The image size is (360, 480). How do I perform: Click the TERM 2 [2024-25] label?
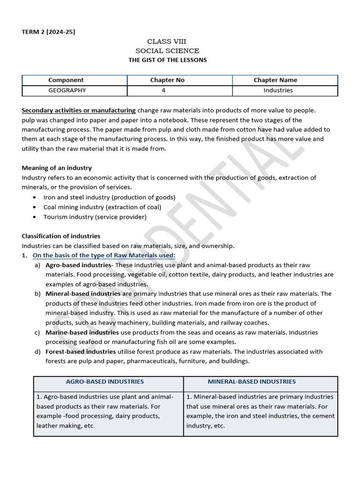point(48,32)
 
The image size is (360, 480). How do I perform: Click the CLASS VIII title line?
point(166,42)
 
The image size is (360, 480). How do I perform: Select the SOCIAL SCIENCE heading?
point(167,51)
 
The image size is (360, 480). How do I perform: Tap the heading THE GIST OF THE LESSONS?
point(167,60)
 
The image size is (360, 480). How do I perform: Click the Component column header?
point(66,80)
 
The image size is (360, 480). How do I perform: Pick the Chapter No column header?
point(167,80)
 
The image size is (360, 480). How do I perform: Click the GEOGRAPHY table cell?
point(67,90)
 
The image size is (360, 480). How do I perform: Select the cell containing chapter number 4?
point(163,90)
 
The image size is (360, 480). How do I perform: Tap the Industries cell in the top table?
point(278,90)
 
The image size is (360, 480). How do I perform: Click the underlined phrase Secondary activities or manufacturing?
point(79,111)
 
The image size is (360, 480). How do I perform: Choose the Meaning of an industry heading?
point(57,168)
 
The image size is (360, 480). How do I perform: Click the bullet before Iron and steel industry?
point(35,198)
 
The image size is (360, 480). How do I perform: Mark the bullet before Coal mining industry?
point(35,207)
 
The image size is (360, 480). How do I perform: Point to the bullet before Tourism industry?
point(35,217)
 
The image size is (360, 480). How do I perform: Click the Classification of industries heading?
point(61,236)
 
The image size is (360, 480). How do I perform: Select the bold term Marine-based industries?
point(82,332)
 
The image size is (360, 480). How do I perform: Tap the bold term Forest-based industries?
point(81,352)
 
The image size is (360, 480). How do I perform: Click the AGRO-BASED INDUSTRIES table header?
point(105,382)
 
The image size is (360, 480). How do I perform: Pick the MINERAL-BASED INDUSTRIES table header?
point(252,382)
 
